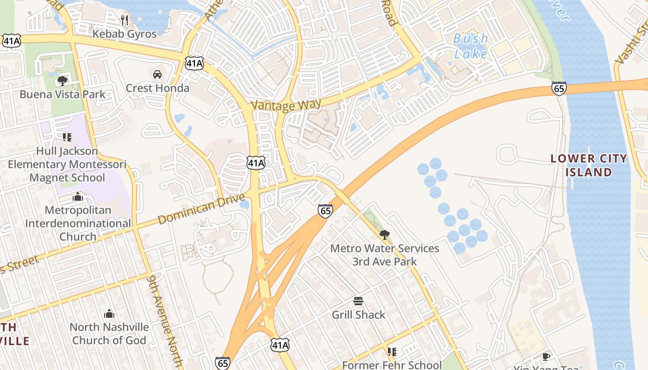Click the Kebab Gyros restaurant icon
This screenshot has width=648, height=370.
(x=125, y=20)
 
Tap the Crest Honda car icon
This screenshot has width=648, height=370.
(x=157, y=74)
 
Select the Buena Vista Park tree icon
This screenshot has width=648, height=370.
(x=62, y=81)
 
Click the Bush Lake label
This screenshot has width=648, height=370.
(x=470, y=46)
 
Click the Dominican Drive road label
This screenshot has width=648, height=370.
(x=201, y=209)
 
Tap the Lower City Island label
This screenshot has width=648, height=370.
(x=589, y=165)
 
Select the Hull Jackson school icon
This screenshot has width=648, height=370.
(x=67, y=137)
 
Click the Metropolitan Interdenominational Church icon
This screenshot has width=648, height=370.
(x=78, y=197)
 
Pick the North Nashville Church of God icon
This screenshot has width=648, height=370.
(x=109, y=314)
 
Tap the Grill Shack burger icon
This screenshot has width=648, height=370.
(x=358, y=301)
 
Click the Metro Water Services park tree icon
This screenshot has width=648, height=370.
(x=384, y=234)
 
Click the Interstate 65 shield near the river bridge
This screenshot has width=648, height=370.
(x=559, y=88)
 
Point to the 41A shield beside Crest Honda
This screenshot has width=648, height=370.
(x=194, y=64)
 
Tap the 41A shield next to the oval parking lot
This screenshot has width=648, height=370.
(x=256, y=162)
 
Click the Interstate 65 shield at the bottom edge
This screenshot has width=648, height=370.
(x=223, y=363)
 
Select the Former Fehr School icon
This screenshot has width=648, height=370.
(x=392, y=352)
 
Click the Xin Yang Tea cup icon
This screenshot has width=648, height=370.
(x=546, y=356)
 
